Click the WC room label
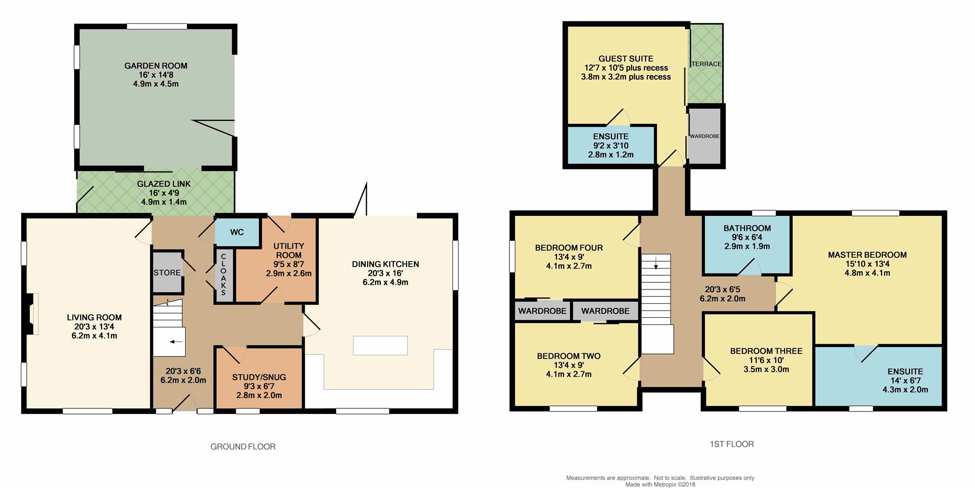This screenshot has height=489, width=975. click(237, 232)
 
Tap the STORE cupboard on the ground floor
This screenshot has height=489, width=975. click(167, 272)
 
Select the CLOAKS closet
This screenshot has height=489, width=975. click(223, 275)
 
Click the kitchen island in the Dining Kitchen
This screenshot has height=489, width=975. click(380, 345)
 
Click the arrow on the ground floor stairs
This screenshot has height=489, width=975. click(176, 342)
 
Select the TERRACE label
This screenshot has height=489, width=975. click(706, 64)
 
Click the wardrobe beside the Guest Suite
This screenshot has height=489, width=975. click(705, 136)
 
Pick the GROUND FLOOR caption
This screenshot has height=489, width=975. click(243, 447)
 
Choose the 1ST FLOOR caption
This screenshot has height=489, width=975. click(732, 444)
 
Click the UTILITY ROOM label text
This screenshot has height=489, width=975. click(288, 250)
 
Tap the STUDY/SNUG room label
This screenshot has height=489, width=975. click(259, 377)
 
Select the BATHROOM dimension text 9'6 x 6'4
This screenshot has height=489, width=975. click(747, 237)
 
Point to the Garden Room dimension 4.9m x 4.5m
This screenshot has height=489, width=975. click(156, 84)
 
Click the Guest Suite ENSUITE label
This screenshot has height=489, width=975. click(611, 136)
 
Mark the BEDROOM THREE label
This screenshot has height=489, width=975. click(766, 351)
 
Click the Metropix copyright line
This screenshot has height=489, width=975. click(660, 484)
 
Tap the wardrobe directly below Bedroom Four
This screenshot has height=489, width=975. click(542, 311)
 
